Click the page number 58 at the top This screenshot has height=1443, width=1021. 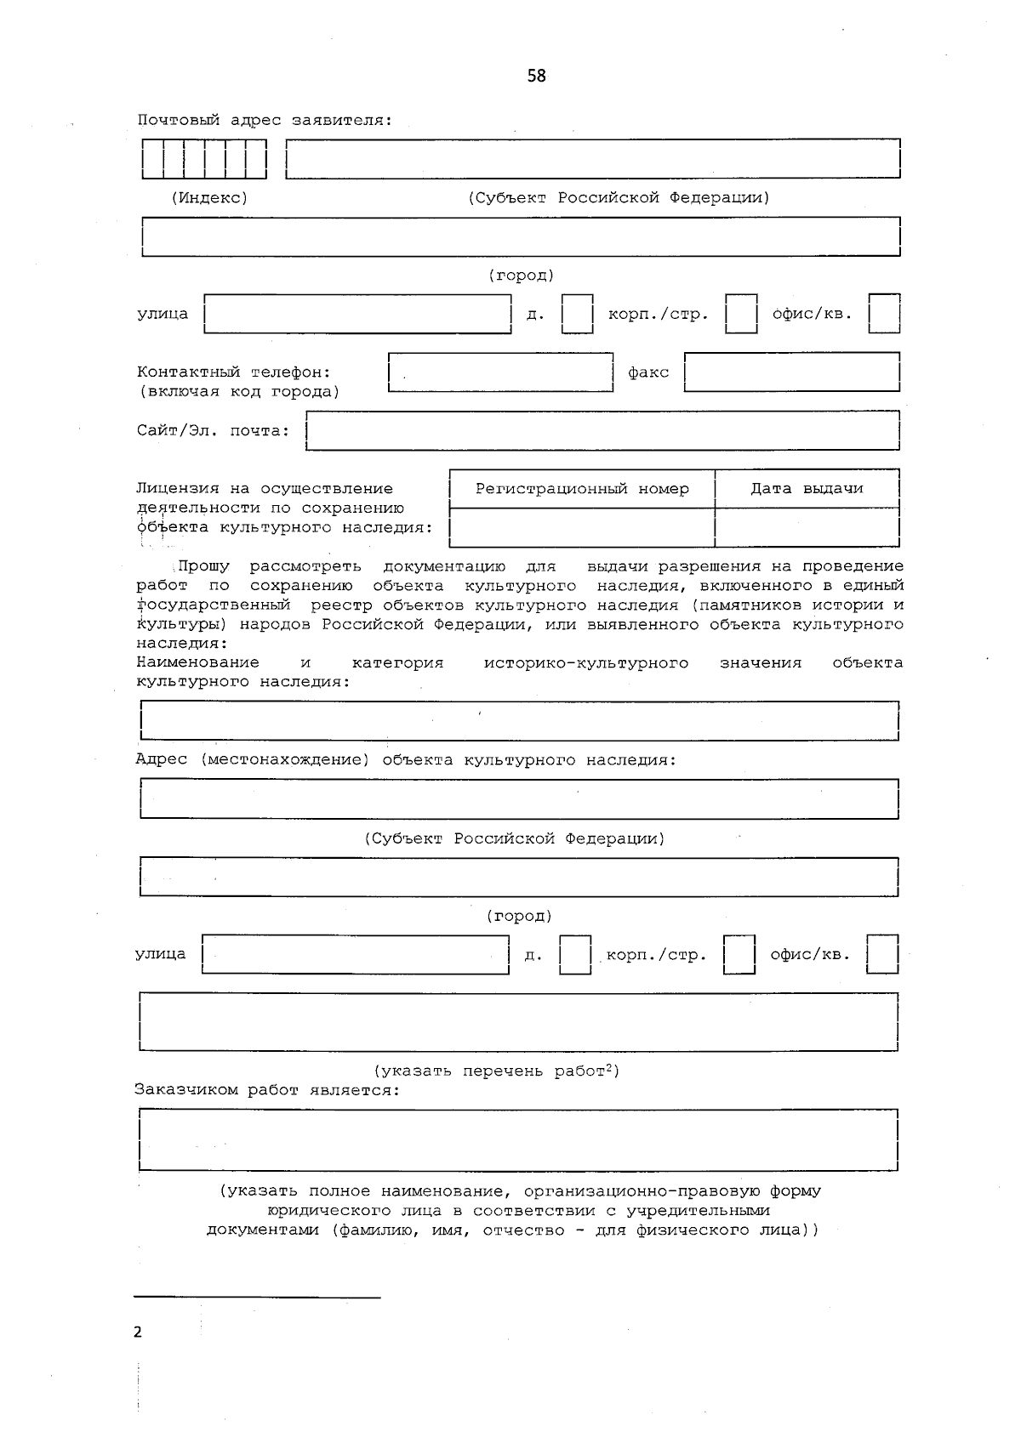coord(536,76)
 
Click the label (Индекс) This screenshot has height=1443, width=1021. coord(209,197)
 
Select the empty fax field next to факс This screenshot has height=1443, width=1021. coord(791,372)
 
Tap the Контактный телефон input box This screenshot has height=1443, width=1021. coord(500,372)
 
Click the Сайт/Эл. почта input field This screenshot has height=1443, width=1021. coord(602,430)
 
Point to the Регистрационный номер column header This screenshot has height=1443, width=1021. coord(582,489)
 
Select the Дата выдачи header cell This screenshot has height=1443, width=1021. coord(807,489)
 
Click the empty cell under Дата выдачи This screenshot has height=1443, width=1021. coord(807,528)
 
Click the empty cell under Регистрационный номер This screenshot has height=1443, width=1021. coord(582,528)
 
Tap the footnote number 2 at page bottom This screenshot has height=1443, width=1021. coord(138,1332)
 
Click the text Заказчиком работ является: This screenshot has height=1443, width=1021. coord(266,1090)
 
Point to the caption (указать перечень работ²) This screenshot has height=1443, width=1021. coord(497,1071)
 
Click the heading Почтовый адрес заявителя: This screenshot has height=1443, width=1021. coord(265,120)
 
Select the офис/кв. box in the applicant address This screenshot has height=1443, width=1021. coord(884,314)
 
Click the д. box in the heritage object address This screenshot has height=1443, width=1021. coord(575,955)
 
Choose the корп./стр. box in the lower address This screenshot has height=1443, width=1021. coord(739,955)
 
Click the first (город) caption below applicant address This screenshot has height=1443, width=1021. coord(521,276)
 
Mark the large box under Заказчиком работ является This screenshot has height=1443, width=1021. coord(518,1139)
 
